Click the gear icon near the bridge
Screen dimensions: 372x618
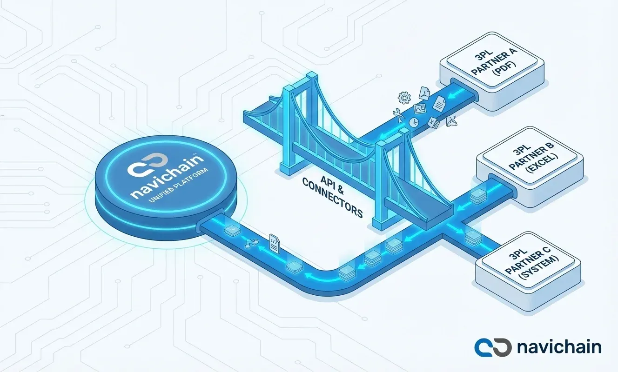(403, 98)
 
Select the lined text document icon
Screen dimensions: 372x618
(438, 105)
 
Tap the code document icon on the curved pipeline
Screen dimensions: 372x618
(275, 243)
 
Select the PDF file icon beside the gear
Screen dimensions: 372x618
(425, 92)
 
